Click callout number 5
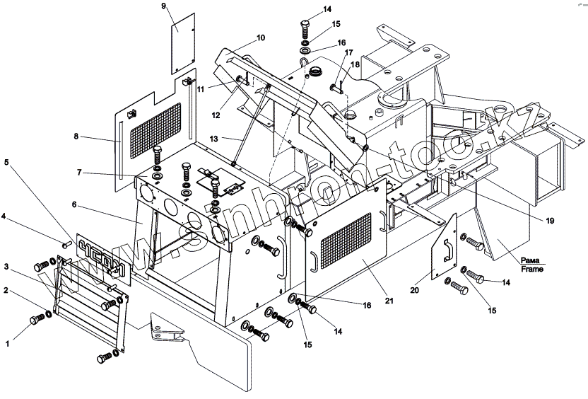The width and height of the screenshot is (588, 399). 8,161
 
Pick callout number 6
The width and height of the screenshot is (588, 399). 73,205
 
